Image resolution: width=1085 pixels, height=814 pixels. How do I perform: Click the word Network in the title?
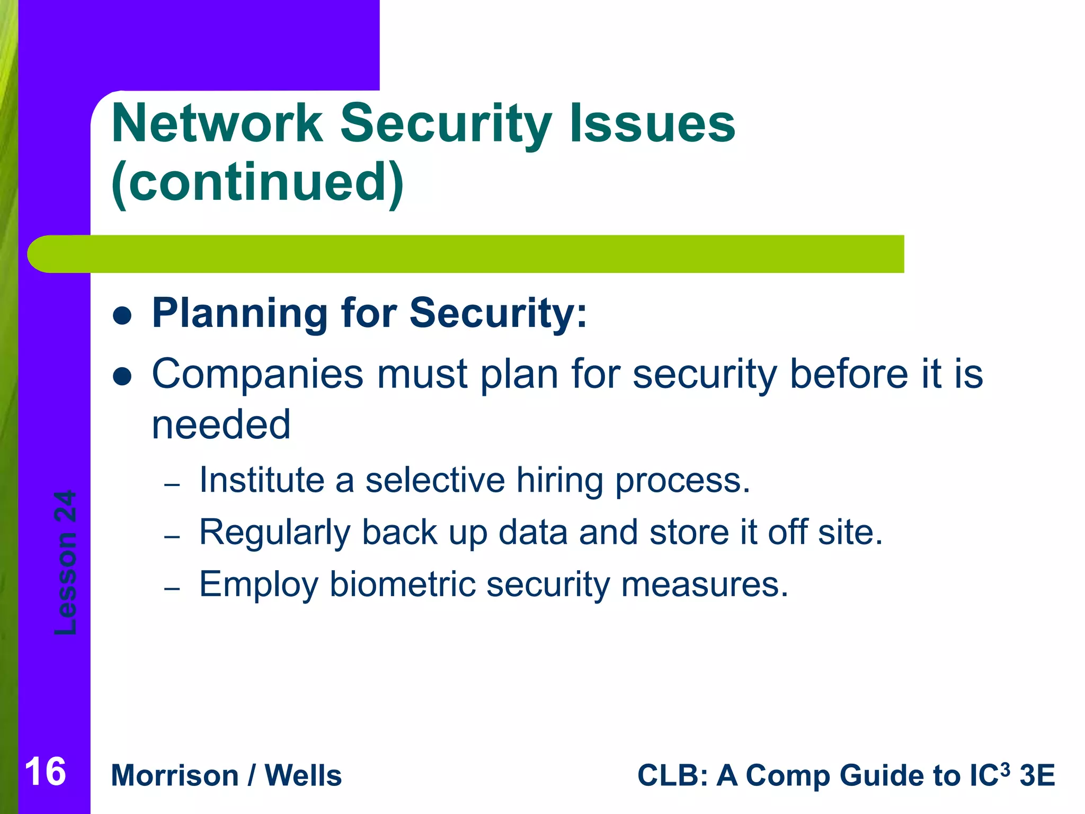coord(217,123)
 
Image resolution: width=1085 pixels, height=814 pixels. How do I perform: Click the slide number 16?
coord(46,772)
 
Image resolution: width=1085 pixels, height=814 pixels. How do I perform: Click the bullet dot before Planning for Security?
coord(122,316)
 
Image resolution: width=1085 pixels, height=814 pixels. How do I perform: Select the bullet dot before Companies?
coord(122,377)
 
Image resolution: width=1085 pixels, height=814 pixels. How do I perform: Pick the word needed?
coord(221,424)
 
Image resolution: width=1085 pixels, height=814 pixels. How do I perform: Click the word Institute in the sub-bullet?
coord(262,480)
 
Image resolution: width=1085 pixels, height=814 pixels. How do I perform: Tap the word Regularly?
coord(274,533)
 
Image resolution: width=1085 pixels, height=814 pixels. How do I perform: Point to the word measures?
coord(705,585)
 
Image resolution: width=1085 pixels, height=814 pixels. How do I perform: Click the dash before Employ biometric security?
coord(173,589)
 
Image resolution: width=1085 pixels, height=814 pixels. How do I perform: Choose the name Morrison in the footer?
coord(175,776)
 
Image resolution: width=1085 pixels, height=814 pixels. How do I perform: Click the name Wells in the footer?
coord(303,776)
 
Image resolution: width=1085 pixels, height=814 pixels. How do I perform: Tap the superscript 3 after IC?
coord(1005,767)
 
